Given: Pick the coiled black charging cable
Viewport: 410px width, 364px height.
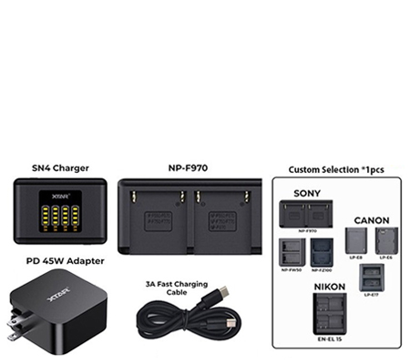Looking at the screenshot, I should pyautogui.click(x=182, y=318).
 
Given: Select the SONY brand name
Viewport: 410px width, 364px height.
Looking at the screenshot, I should pyautogui.click(x=307, y=192).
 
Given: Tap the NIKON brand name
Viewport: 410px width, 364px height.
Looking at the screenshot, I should pyautogui.click(x=333, y=286).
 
